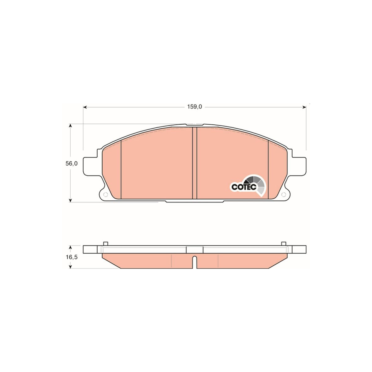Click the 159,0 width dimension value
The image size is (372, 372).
click(x=194, y=107)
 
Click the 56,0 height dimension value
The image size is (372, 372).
click(x=71, y=163)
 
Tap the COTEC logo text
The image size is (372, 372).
click(x=244, y=187)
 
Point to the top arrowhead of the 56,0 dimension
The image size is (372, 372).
click(x=70, y=126)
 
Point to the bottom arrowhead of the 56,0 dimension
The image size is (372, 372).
click(x=70, y=200)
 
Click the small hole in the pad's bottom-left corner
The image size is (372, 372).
click(x=105, y=194)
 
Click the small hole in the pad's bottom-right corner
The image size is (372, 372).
click(x=284, y=194)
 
